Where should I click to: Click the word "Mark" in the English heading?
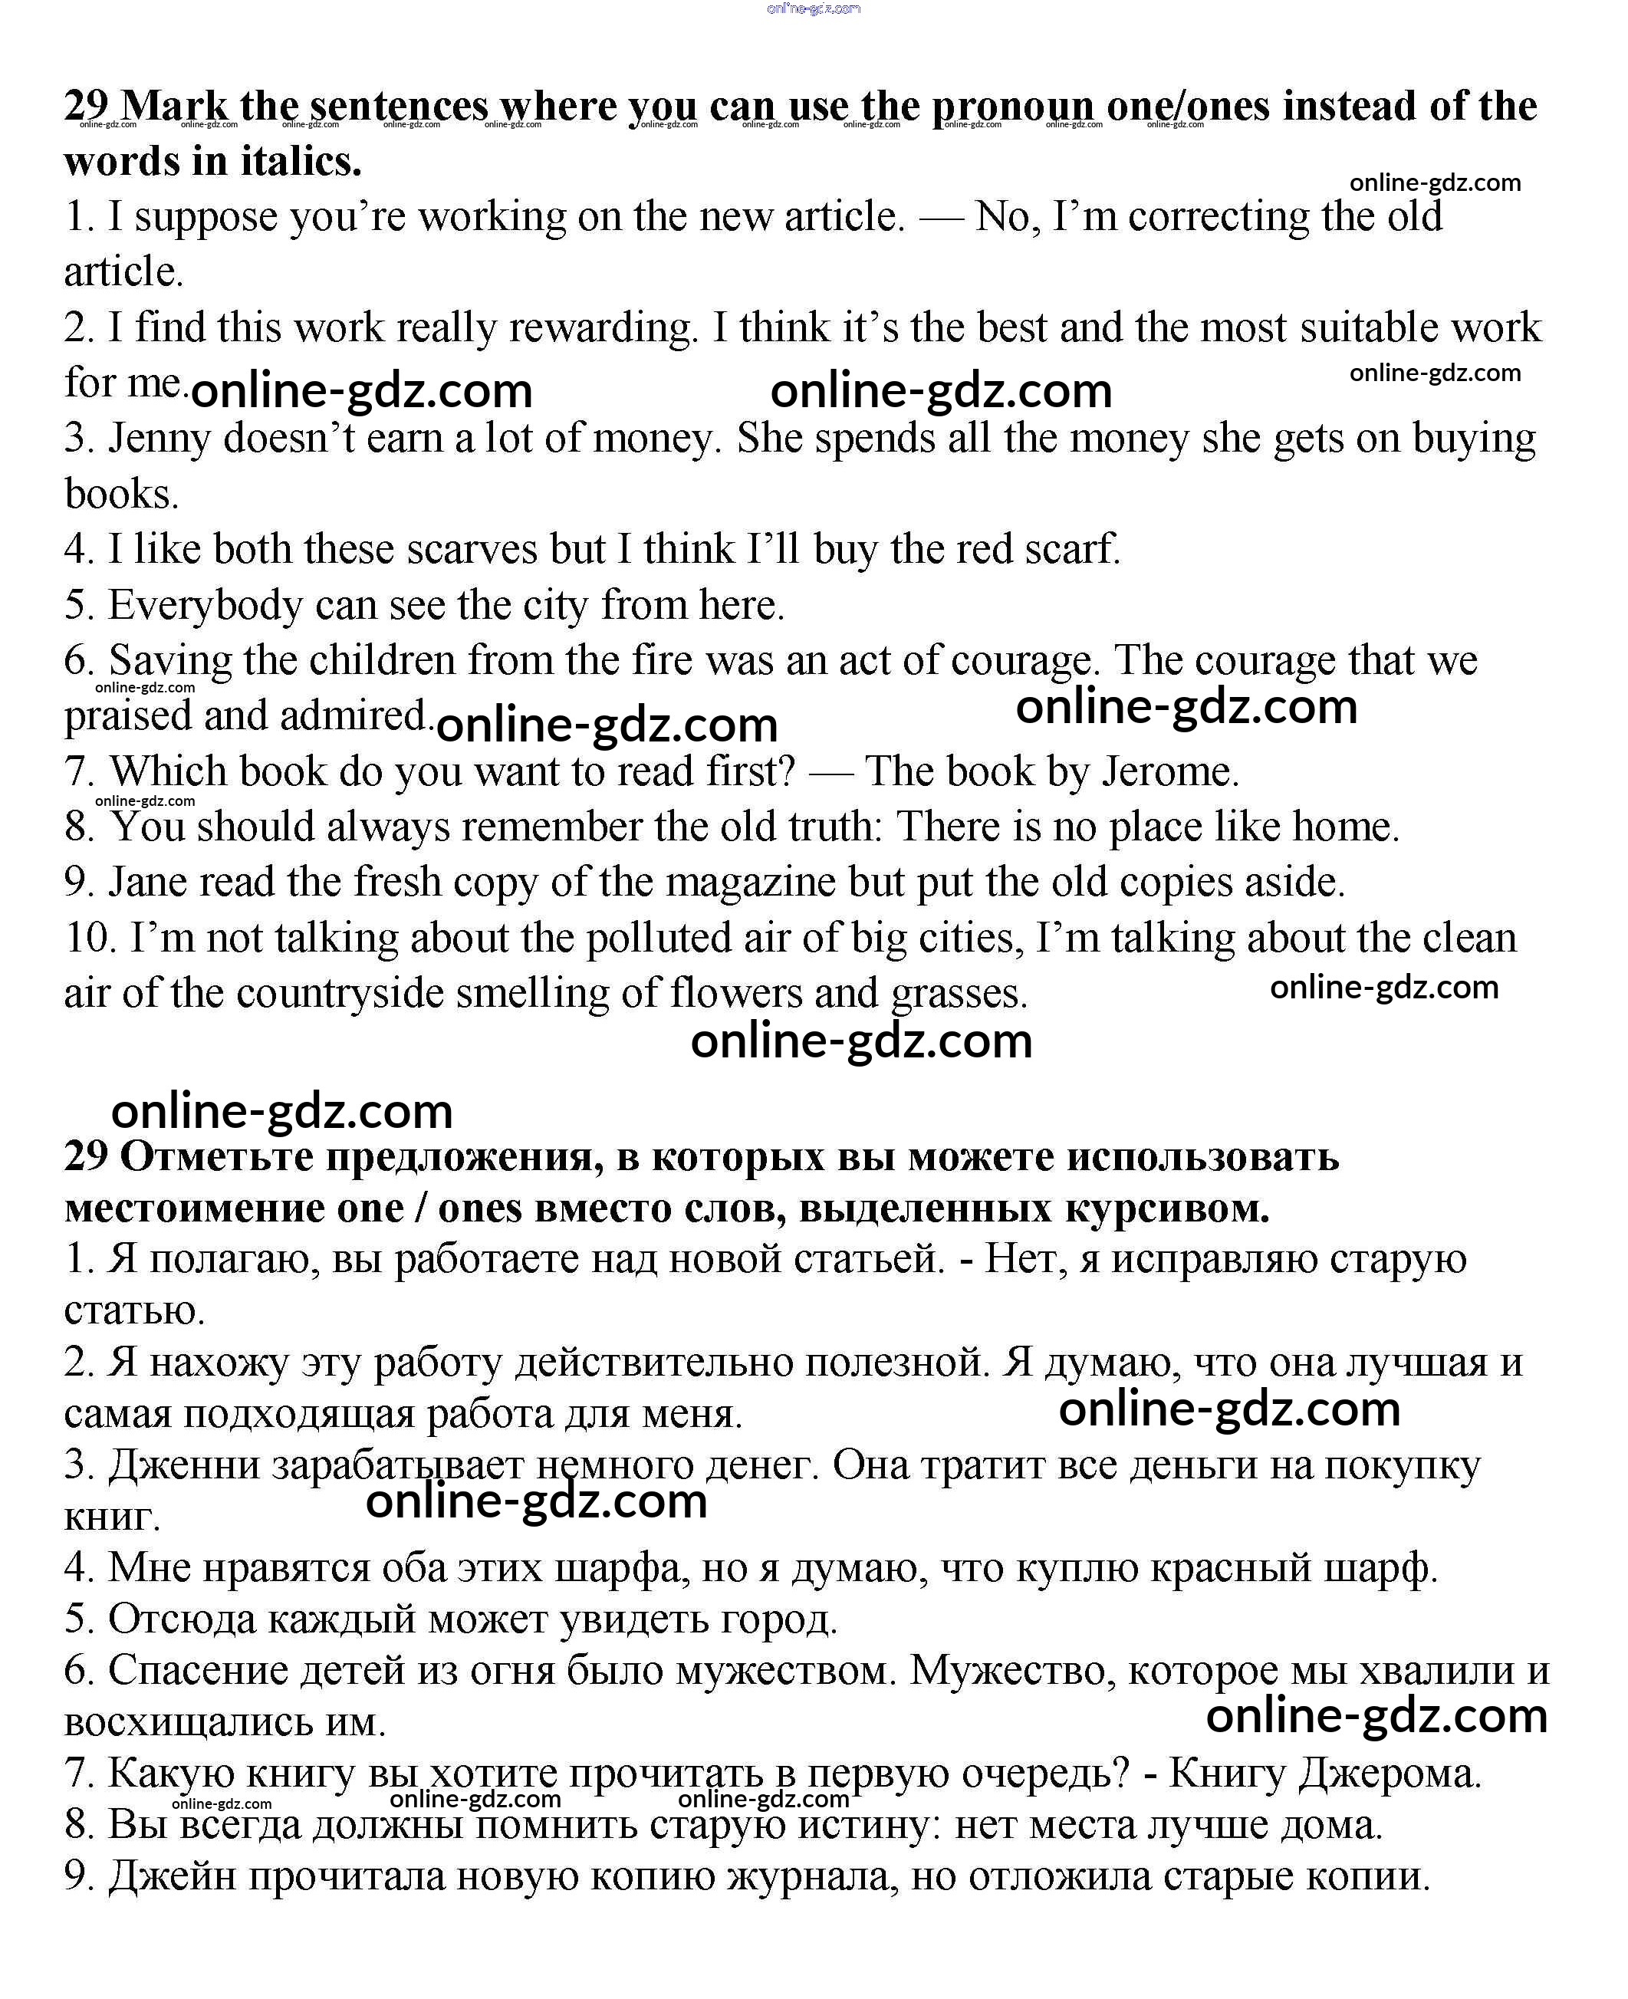[173, 106]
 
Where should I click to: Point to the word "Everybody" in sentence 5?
[206, 605]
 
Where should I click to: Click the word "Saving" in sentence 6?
[169, 660]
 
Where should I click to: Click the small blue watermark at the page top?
[813, 8]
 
